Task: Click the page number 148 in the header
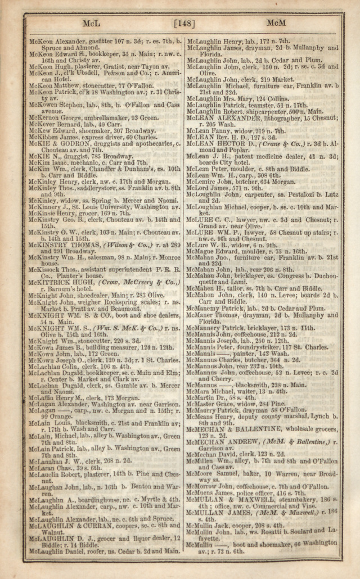[184, 24]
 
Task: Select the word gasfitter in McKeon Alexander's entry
[96, 42]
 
